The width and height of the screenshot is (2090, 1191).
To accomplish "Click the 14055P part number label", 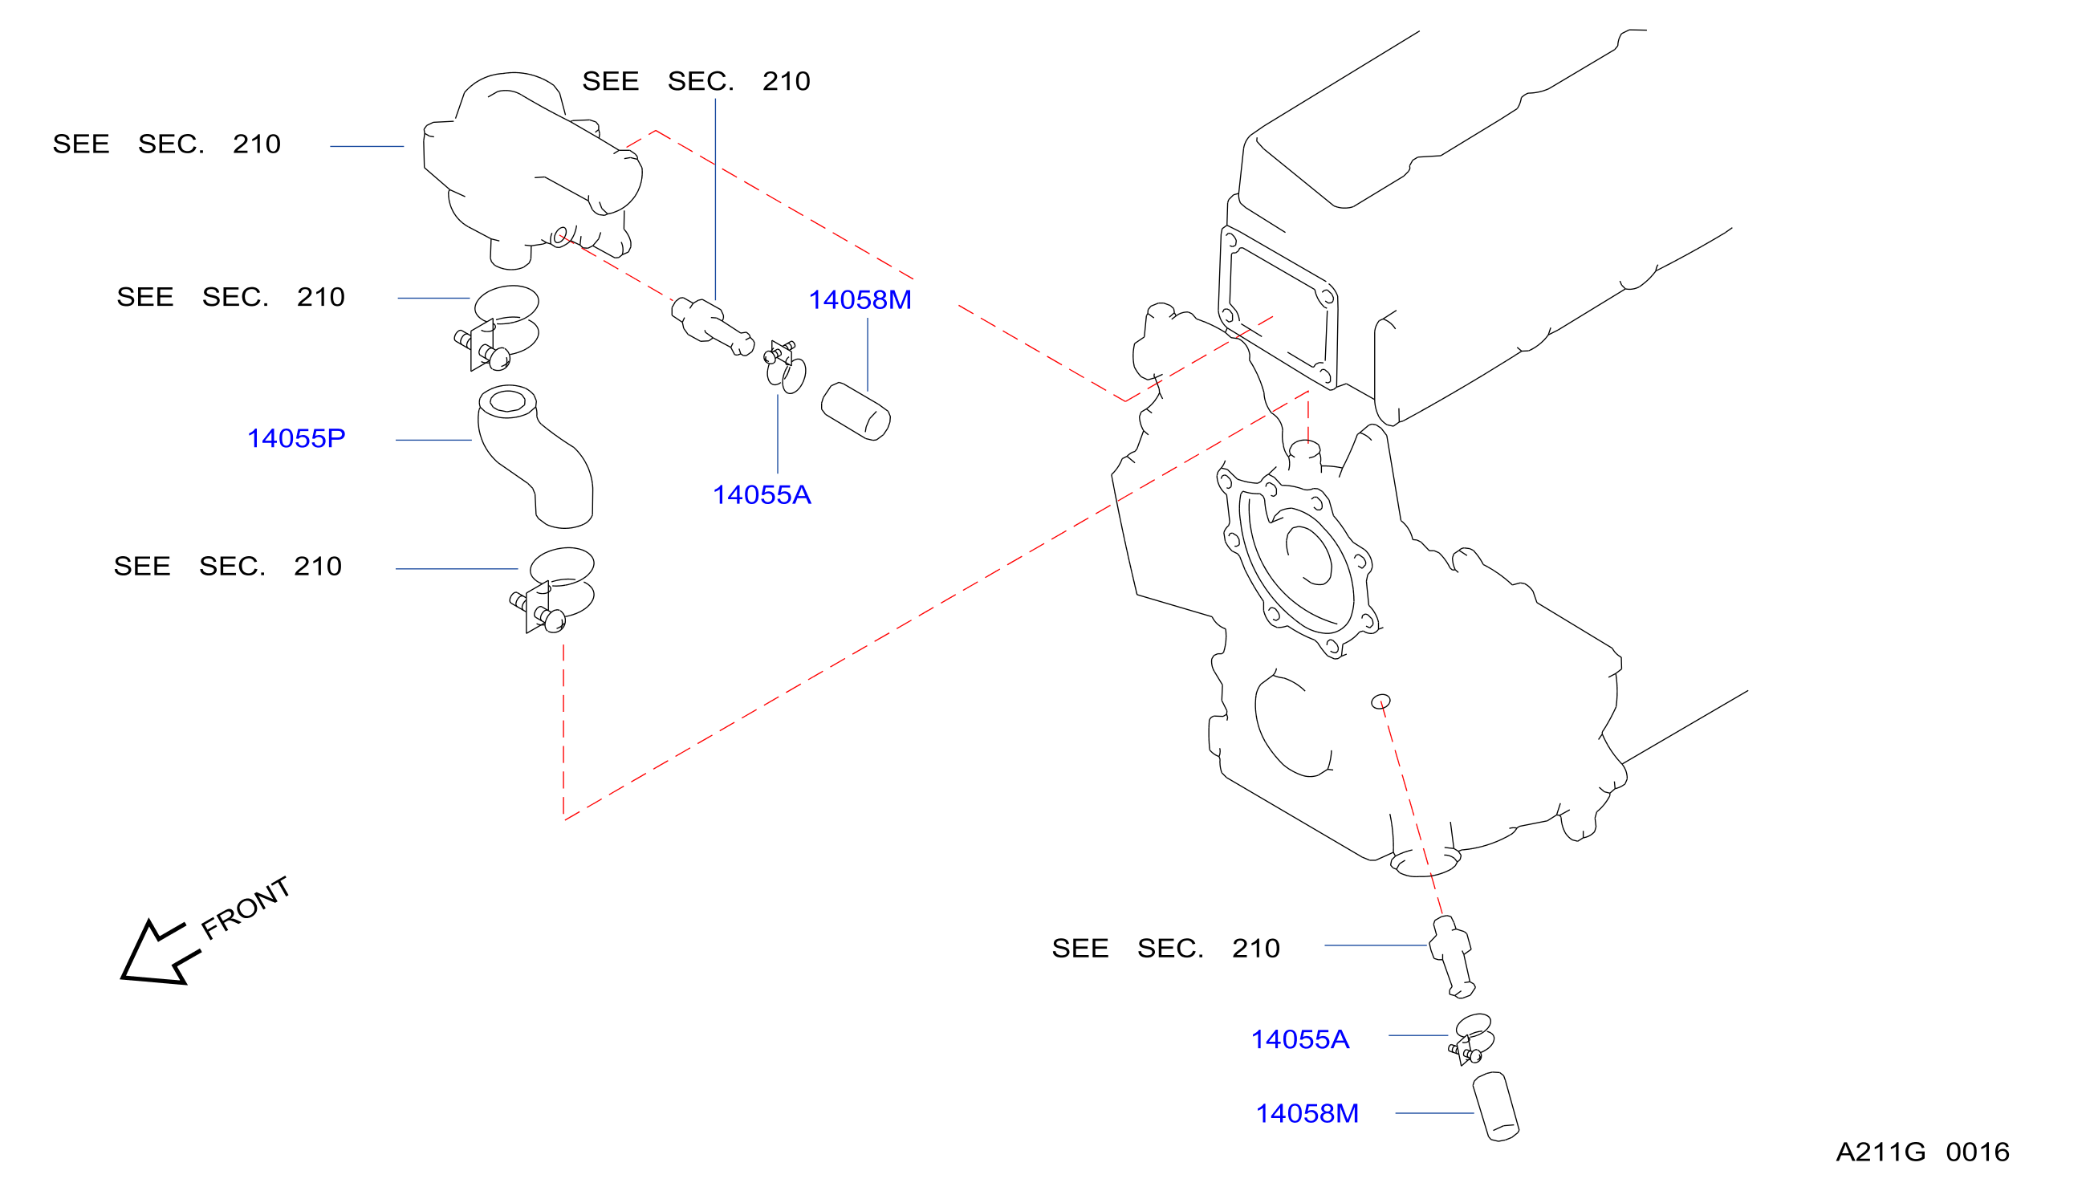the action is pos(296,438).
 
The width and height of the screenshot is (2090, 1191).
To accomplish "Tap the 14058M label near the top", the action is pos(860,300).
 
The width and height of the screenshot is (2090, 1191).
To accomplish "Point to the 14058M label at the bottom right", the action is pos(1307,1113).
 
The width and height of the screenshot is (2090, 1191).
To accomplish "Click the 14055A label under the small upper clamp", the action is pos(762,495).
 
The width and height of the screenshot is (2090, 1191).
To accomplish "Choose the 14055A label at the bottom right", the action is pos(1299,1039).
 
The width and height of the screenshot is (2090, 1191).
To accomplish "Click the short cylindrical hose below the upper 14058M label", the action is pos(856,412).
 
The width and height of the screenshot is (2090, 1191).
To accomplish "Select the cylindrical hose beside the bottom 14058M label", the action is pos(1495,1107).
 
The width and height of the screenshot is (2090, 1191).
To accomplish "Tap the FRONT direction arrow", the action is pos(160,953).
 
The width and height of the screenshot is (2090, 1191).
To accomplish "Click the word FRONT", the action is pos(246,908).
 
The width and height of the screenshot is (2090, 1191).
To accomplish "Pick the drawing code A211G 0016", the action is pos(1922,1152).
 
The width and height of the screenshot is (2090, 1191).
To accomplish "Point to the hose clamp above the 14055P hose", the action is pos(497,327).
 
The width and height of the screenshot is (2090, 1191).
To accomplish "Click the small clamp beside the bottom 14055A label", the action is pos(1472,1039).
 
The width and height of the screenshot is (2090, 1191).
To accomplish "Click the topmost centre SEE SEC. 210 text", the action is pos(696,81).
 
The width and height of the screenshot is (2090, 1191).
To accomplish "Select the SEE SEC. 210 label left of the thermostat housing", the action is pos(167,144).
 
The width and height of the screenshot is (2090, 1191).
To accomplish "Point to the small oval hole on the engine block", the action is pos(1380,701).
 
